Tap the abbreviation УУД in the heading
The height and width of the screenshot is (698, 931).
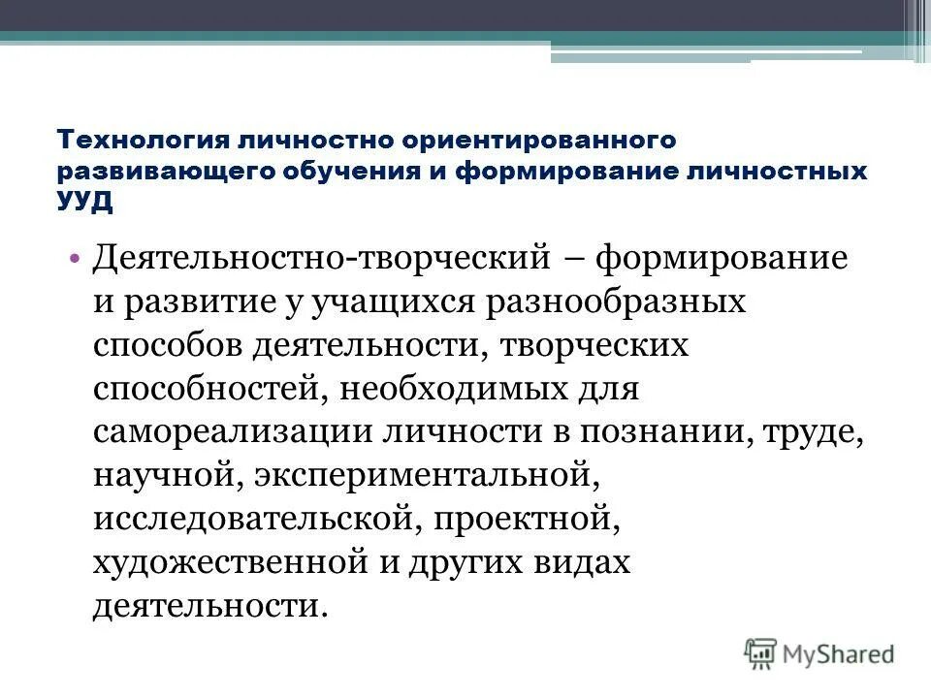[x=85, y=201]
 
